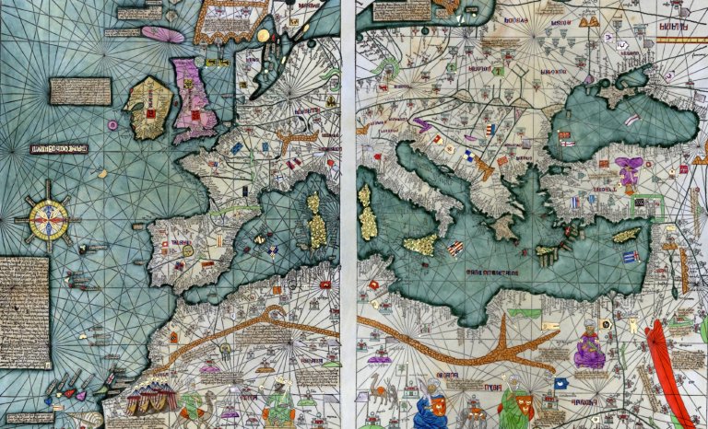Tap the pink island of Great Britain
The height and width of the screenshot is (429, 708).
(194, 96)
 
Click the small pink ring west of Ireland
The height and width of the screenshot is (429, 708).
(112, 124)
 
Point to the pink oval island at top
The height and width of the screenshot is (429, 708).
(162, 34)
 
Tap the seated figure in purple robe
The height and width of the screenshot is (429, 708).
(588, 348)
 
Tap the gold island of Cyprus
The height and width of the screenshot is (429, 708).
(626, 236)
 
